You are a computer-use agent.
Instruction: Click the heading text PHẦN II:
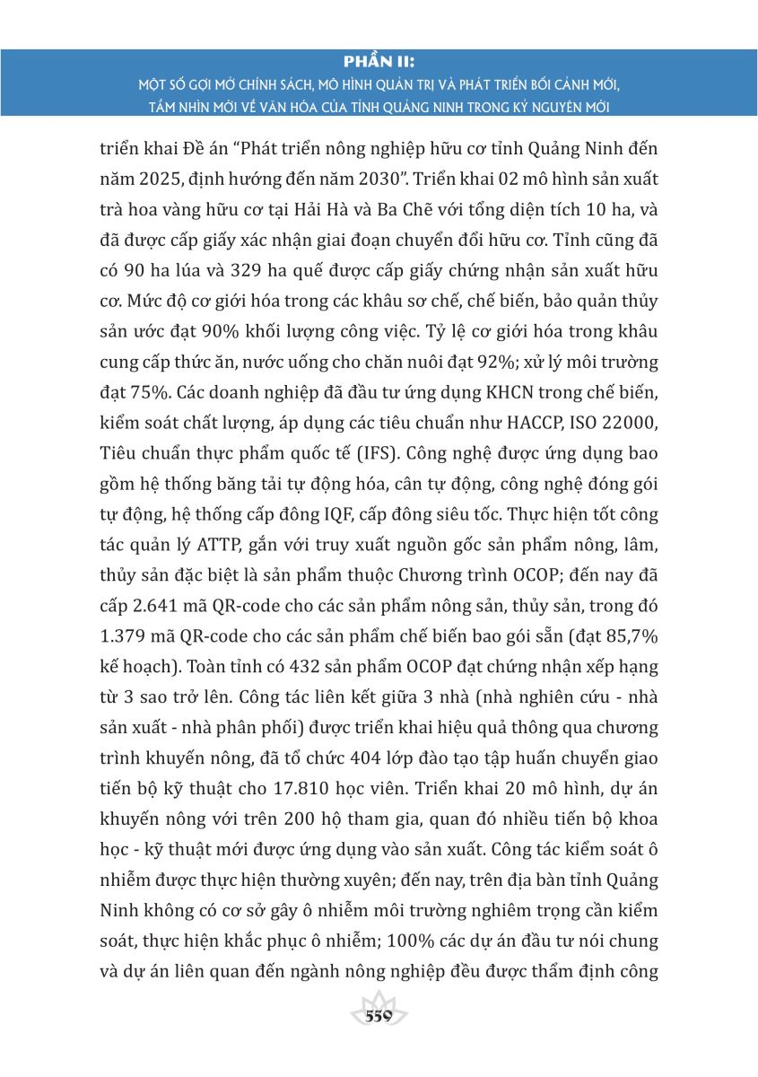point(379,61)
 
